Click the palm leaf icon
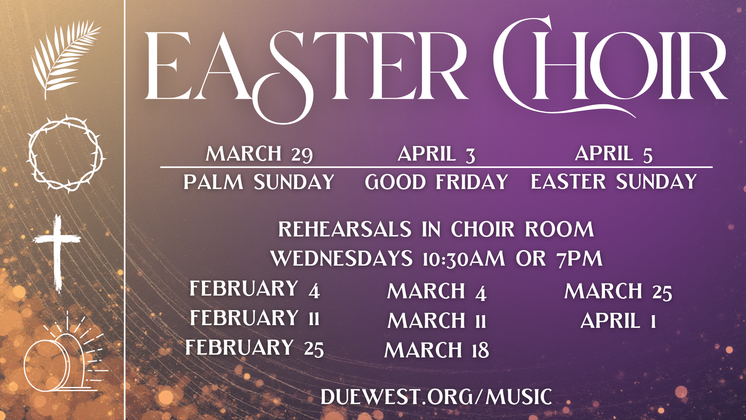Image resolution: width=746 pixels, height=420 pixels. pos(64,58)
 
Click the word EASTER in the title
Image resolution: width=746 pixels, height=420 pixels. pos(305,68)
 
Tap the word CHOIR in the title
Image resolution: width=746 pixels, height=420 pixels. pos(610,66)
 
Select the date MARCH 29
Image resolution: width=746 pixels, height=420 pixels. pos(259,154)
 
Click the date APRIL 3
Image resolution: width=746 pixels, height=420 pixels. pos(436,154)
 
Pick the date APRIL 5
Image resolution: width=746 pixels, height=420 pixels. pos(614,154)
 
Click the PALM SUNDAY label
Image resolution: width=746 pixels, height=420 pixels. pos(259,182)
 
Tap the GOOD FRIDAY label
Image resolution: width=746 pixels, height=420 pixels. pos(436,182)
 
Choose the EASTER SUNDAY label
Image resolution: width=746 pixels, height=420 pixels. pos(614,182)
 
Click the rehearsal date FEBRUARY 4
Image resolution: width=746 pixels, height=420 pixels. pos(254,289)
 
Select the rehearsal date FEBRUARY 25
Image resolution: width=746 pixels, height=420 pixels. pos(254,348)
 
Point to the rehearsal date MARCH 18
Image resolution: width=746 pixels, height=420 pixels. pos(436,350)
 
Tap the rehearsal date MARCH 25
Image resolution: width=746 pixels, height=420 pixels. pos(618,292)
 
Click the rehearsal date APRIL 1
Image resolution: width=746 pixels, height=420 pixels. pos(618,321)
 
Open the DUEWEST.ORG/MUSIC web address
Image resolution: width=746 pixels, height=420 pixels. pos(436,397)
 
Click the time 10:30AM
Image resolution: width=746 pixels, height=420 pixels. pos(464,259)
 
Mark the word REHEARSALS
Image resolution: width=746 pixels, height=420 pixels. pos(345,229)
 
